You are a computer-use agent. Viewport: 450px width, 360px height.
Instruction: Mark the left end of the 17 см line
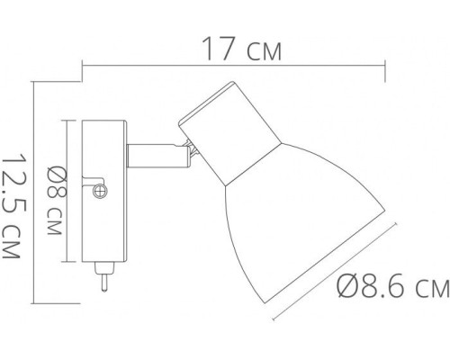[x=83, y=63]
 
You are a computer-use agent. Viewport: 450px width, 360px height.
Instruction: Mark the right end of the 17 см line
[x=385, y=63]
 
